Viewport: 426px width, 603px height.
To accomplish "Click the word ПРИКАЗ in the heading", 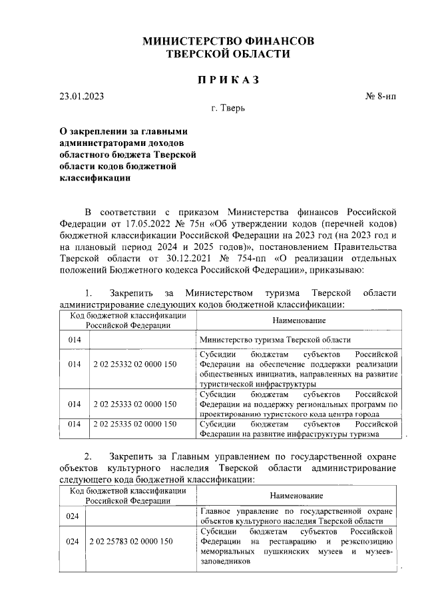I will click(228, 80).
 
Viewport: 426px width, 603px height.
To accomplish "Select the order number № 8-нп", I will click(381, 96).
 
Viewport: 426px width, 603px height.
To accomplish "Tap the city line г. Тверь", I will click(228, 108).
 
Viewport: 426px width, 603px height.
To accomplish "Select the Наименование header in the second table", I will click(297, 496).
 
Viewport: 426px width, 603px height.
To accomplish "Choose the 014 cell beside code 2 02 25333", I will click(73, 404).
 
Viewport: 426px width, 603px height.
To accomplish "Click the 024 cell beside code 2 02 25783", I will click(73, 542).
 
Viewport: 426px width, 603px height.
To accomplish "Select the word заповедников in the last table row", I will click(225, 562).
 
